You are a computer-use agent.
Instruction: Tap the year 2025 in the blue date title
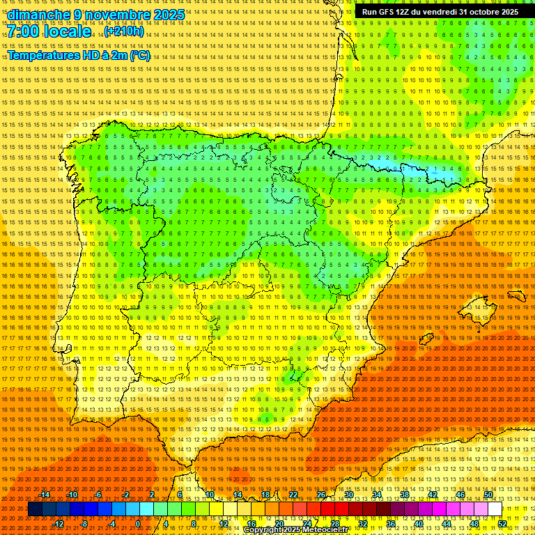[x=168, y=15]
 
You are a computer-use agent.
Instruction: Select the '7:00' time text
[x=25, y=32]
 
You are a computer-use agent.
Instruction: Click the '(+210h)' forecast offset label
[x=124, y=31]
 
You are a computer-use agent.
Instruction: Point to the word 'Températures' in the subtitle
[x=41, y=55]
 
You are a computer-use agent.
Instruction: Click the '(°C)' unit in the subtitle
[x=139, y=55]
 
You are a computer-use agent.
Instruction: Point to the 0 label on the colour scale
[x=138, y=524]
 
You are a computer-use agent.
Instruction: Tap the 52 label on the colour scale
[x=502, y=524]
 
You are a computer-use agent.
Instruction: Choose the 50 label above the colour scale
[x=488, y=495]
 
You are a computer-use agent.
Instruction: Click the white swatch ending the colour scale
[x=495, y=509]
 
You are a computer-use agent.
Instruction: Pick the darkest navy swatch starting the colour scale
[x=35, y=509]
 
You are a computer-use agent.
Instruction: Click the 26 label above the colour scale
[x=321, y=495]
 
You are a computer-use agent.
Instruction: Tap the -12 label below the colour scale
[x=59, y=524]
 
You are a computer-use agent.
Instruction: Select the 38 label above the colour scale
[x=405, y=495]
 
